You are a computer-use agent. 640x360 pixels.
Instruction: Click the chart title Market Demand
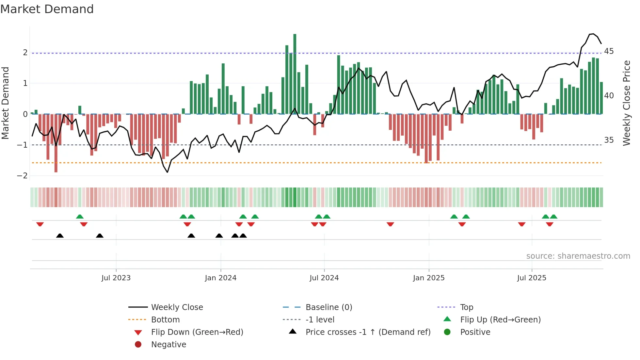(x=47, y=9)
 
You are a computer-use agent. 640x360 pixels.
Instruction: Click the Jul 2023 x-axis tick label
(x=116, y=278)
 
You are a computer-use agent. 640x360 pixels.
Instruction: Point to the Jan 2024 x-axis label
(x=220, y=278)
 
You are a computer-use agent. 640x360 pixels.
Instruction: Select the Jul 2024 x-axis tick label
(x=324, y=278)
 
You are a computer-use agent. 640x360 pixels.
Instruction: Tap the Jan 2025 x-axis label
(x=428, y=278)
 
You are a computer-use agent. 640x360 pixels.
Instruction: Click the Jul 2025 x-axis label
(x=532, y=278)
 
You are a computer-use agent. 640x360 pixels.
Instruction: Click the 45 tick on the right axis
(x=609, y=51)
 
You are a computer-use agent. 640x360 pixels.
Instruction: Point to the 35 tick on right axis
(x=609, y=140)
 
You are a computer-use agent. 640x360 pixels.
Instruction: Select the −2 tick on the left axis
(x=22, y=176)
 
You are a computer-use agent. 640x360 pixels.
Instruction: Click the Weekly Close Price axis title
(x=626, y=103)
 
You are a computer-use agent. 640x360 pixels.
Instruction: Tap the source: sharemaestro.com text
(x=578, y=256)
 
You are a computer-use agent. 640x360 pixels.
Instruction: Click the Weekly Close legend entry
(x=177, y=307)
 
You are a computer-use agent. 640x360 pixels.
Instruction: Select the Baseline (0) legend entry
(x=328, y=307)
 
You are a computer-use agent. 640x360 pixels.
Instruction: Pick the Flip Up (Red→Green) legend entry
(x=500, y=320)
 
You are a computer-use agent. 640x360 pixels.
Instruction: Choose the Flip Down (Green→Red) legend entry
(x=197, y=332)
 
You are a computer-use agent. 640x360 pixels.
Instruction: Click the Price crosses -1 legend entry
(x=368, y=332)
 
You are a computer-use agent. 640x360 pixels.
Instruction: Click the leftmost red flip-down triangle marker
(x=40, y=224)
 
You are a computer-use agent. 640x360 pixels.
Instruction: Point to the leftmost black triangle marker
(x=60, y=236)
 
